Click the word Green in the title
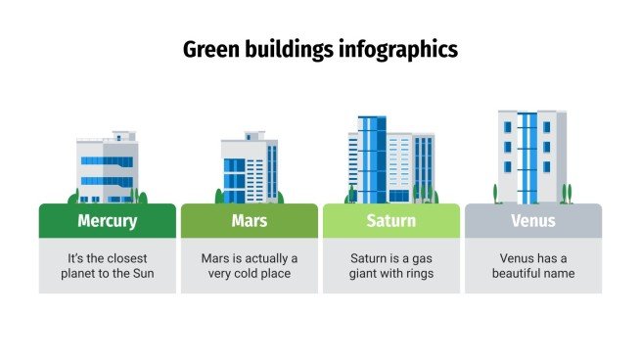(x=209, y=49)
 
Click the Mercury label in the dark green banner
(x=108, y=221)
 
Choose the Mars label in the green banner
(x=250, y=221)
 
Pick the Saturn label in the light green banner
(x=391, y=221)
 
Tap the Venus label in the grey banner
(x=533, y=221)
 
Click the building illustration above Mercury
(x=108, y=168)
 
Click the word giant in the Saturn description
(x=368, y=274)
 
